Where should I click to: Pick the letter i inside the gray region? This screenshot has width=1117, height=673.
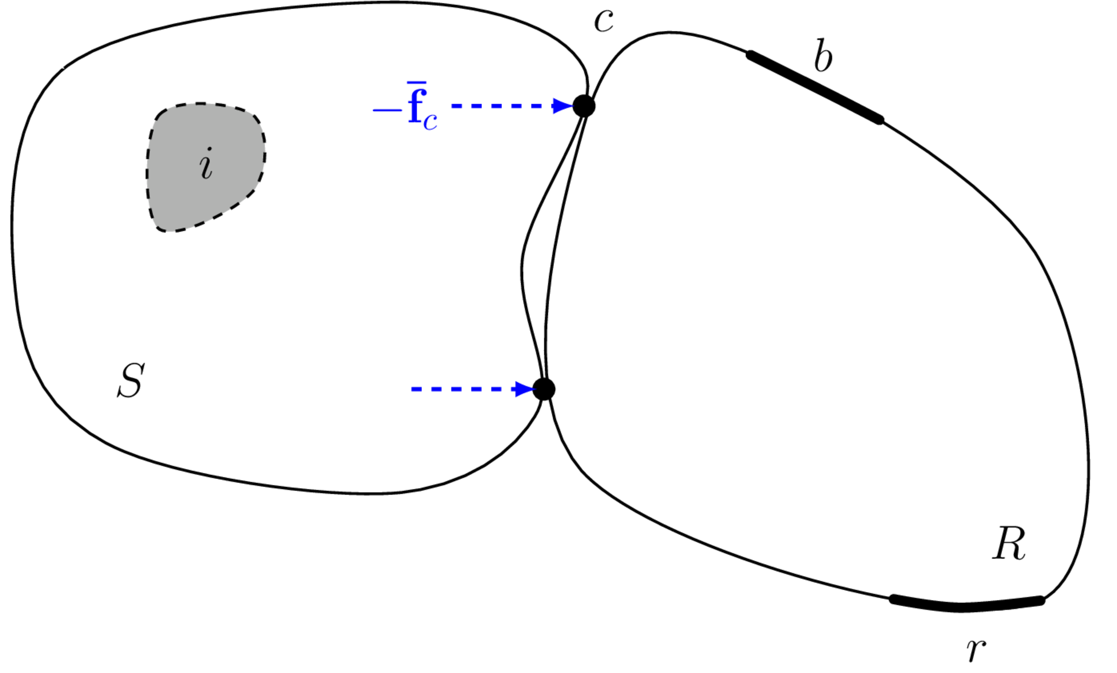206,163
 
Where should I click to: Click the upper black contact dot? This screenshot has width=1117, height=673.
584,106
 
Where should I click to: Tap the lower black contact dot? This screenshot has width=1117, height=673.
544,389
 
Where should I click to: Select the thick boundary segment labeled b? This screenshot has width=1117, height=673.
815,88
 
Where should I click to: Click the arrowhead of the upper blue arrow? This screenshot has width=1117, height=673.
563,106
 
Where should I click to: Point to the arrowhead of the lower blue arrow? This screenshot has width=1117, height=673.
525,389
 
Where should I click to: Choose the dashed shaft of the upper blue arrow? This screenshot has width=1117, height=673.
502,106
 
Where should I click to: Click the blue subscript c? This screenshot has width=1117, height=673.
430,121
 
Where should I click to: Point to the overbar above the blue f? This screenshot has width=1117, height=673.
416,82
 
